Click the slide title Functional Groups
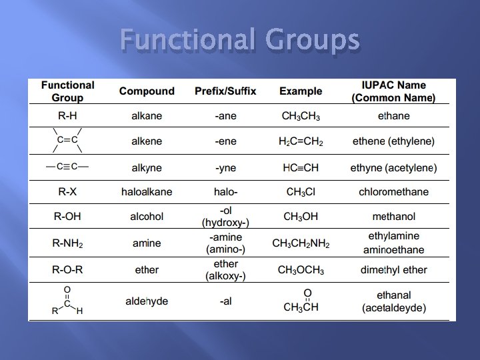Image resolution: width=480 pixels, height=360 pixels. [241, 42]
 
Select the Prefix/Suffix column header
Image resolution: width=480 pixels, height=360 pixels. [225, 91]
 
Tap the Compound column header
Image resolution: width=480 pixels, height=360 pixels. [147, 91]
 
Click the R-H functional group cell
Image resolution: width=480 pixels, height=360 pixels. [67, 116]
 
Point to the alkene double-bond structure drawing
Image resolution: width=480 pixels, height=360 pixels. [67, 140]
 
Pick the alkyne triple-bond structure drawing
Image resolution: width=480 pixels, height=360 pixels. [67, 166]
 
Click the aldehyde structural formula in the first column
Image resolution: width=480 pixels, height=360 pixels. [67, 301]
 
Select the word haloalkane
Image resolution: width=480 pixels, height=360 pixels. [147, 192]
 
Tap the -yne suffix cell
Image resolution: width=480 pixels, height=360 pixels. [225, 168]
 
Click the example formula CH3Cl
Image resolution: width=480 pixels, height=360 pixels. [301, 192]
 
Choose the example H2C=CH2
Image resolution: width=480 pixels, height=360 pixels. [301, 141]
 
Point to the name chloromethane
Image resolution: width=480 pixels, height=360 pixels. [393, 192]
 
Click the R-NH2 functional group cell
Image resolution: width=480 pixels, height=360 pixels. [67, 243]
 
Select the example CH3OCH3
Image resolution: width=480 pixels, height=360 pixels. [301, 270]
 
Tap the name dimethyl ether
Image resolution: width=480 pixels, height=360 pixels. [393, 270]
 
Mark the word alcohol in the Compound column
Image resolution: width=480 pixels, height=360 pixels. [147, 217]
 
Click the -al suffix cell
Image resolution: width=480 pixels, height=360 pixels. [225, 301]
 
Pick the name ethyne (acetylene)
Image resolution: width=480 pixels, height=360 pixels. [393, 168]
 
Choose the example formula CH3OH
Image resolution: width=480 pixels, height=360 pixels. [301, 217]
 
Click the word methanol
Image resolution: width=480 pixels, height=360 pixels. [393, 217]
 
